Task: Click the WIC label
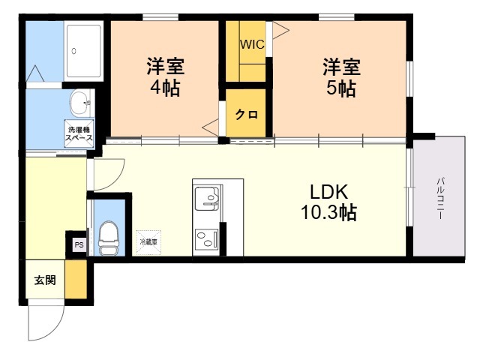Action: (252, 44)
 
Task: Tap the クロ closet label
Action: (247, 115)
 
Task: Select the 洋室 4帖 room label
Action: (165, 76)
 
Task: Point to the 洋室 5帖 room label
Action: (341, 76)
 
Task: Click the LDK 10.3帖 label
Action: (329, 202)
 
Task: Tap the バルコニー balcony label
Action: (440, 198)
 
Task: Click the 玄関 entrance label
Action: (45, 280)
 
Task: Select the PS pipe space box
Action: (79, 245)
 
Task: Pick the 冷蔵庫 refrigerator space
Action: (148, 242)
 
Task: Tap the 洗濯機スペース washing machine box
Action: (79, 133)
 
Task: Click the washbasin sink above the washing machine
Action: (81, 103)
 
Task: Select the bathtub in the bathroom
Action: (84, 51)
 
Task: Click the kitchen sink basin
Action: (207, 198)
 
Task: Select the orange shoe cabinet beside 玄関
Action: (76, 279)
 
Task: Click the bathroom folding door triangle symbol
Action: (35, 73)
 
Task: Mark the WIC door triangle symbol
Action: (280, 30)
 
